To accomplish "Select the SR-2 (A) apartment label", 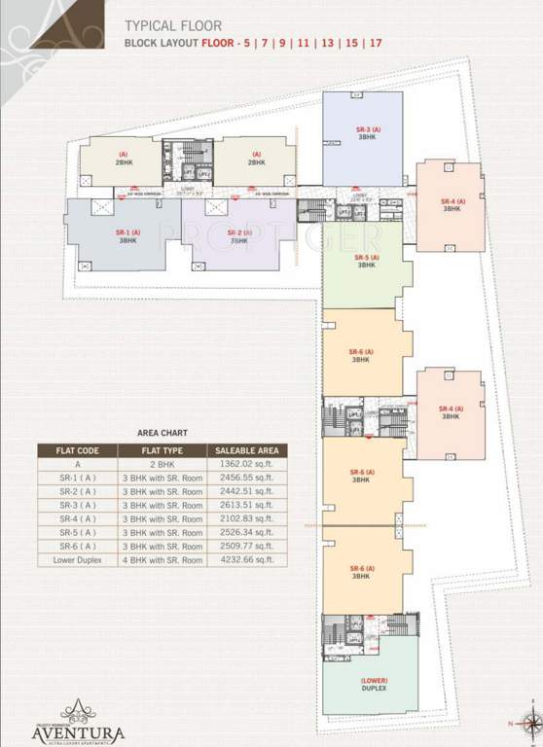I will pos(237,236).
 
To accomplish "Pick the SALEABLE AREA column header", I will pos(244,450).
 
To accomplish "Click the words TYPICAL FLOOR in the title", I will pos(173,26).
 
